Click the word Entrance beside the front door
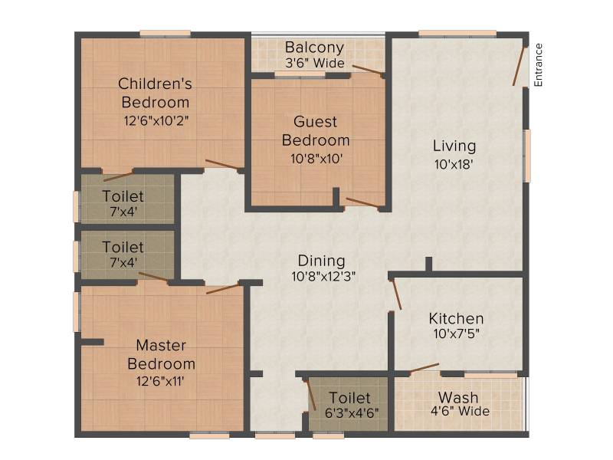pyautogui.click(x=539, y=65)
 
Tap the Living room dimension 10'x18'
pyautogui.click(x=454, y=164)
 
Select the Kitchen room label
pyautogui.click(x=456, y=318)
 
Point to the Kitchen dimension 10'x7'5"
pyautogui.click(x=456, y=333)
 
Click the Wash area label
pyautogui.click(x=458, y=397)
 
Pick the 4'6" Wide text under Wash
pyautogui.click(x=461, y=411)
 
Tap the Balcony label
pyautogui.click(x=315, y=48)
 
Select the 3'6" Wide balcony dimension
pyautogui.click(x=315, y=63)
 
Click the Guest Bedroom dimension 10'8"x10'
pyautogui.click(x=316, y=159)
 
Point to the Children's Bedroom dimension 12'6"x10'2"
pyautogui.click(x=156, y=120)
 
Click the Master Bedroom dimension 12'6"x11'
pyautogui.click(x=160, y=380)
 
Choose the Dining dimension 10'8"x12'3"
pyautogui.click(x=323, y=277)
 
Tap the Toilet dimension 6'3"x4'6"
pyautogui.click(x=352, y=412)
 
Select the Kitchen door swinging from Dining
pyautogui.click(x=396, y=294)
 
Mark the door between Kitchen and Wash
pyautogui.click(x=425, y=368)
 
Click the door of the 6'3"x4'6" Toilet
pyautogui.click(x=311, y=394)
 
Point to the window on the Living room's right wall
pyautogui.click(x=527, y=156)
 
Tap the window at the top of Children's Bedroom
pyautogui.click(x=166, y=34)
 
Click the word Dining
pyautogui.click(x=321, y=261)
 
